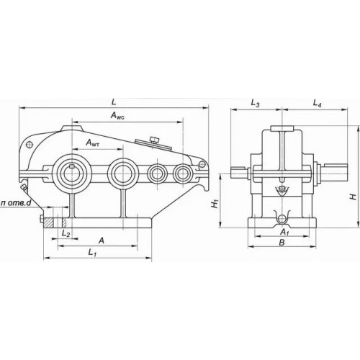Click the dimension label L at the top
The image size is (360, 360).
pos(114,102)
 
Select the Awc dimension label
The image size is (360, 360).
pos(117,116)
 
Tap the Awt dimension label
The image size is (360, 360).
pos(93,143)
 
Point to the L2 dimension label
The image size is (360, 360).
pos(66,233)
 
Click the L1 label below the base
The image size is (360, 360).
pos(92,253)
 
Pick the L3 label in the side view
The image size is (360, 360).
pos(255,104)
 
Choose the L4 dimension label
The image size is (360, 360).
pos(317,104)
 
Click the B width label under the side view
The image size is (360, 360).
pos(282,243)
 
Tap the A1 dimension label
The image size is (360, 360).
pos(284,232)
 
